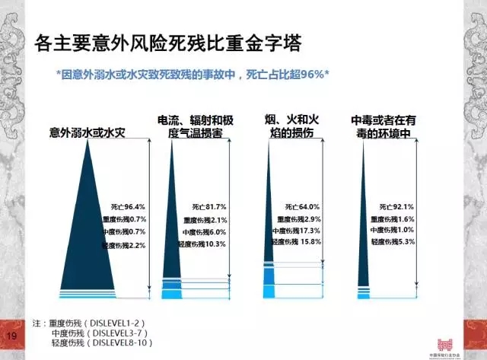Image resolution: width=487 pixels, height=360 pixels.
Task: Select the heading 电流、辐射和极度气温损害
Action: pyautogui.click(x=195, y=127)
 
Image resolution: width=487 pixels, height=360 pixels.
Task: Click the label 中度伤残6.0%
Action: pyautogui.click(x=204, y=232)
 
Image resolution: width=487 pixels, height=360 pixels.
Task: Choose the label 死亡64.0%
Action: pyautogui.click(x=304, y=206)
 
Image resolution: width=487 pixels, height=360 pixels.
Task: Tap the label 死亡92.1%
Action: pyautogui.click(x=396, y=206)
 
